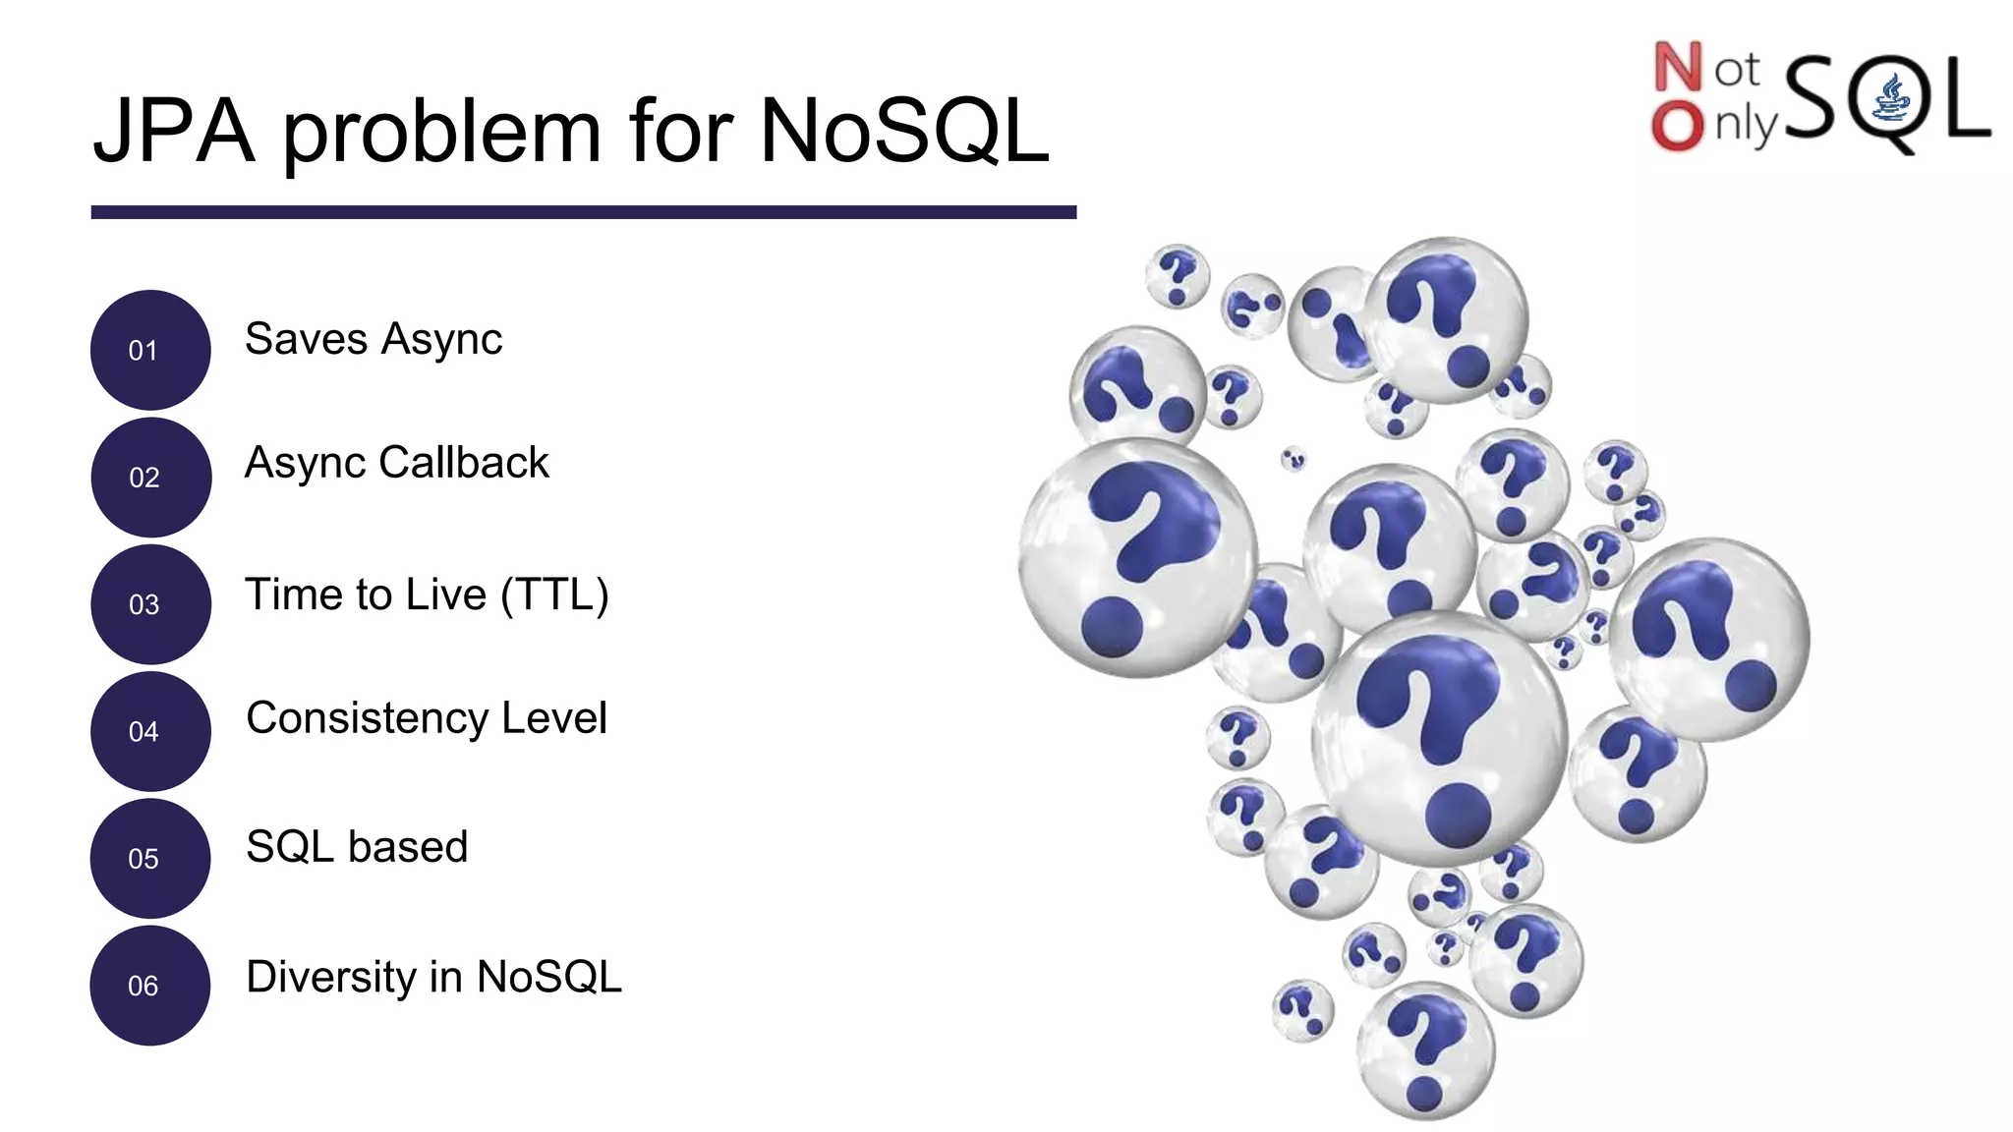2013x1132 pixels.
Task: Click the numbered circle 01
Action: coord(150,350)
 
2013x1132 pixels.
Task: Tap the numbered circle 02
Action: coord(150,478)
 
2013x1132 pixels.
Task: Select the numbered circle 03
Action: coord(150,604)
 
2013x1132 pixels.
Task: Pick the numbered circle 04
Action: coord(150,731)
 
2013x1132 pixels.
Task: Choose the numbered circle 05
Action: coord(150,859)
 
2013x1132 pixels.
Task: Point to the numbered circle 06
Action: coord(150,986)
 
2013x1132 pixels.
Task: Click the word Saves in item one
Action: coord(306,340)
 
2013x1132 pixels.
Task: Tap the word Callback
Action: coord(464,463)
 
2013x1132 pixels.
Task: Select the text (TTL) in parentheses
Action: coord(554,595)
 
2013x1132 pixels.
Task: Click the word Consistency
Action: coord(367,719)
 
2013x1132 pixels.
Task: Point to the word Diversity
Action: coord(331,978)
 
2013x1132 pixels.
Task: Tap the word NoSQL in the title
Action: coord(904,131)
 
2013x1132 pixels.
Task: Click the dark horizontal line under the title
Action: coord(583,212)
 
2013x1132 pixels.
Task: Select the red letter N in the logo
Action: coord(1677,68)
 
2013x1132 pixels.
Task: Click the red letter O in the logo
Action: coord(1677,127)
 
